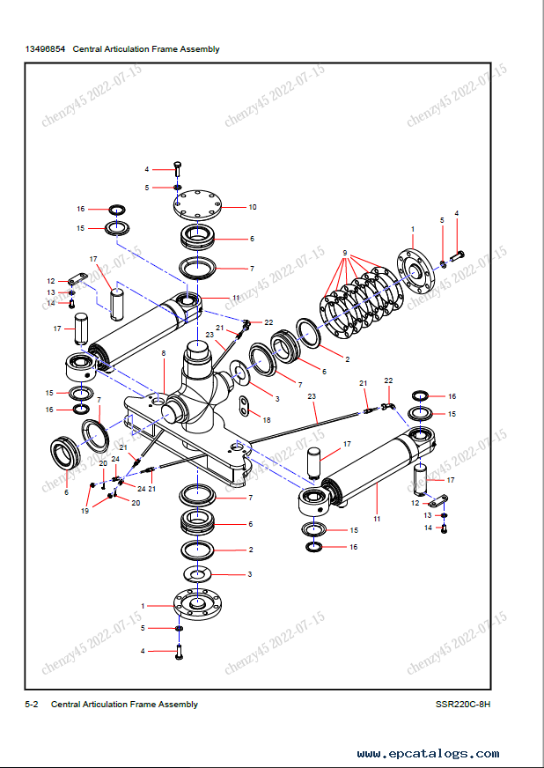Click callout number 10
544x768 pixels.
[253, 207]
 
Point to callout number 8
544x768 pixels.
[164, 353]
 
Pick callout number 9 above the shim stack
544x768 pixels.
[345, 253]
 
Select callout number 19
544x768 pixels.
[85, 510]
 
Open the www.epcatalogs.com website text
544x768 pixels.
[429, 754]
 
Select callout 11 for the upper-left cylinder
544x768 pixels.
[236, 299]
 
